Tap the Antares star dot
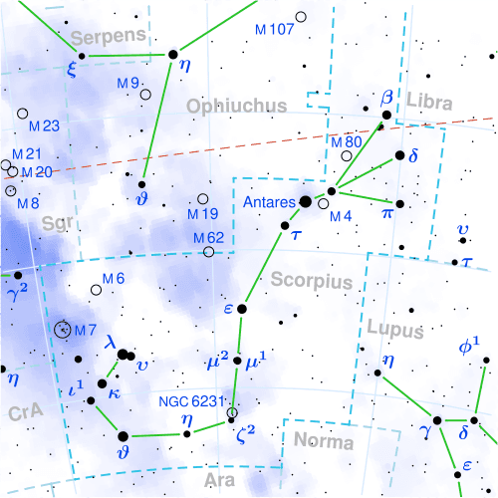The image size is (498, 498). pos(306,202)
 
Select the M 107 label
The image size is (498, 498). pos(273,29)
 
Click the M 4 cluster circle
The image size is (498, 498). pos(323,203)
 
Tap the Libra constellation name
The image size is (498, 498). pos(430,104)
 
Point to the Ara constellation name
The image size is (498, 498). pos(218,480)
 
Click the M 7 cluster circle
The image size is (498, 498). pos(65,329)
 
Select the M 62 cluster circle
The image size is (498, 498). pos(208,252)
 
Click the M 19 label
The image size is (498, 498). pos(202,214)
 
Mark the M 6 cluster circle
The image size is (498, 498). pos(97,290)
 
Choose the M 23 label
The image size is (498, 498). pos(45,126)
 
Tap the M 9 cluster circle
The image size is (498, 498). pos(146,95)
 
